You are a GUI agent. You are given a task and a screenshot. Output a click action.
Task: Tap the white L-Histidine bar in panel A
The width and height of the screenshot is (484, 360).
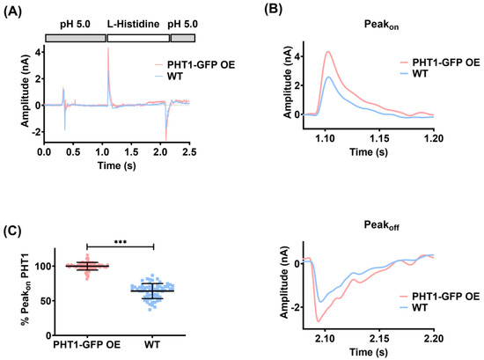coord(137,39)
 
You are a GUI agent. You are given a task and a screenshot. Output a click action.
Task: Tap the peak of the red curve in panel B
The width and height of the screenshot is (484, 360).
coord(328,51)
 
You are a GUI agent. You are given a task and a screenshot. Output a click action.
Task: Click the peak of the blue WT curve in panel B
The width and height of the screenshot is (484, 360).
coord(328,77)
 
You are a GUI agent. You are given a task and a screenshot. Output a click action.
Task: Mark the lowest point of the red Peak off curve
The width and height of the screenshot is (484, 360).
coord(320,320)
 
